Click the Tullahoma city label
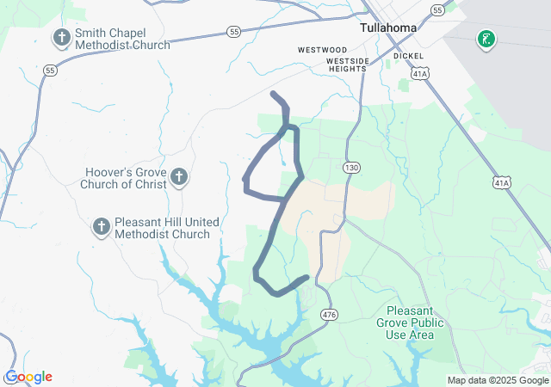click(387, 28)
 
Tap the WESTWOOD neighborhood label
click(322, 50)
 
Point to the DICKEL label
click(408, 56)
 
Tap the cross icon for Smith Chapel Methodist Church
click(61, 38)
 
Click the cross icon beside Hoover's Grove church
click(179, 178)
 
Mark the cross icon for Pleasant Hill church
click(101, 227)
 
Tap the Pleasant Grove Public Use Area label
click(415, 322)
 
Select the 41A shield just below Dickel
click(419, 76)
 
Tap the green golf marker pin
click(486, 39)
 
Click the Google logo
click(28, 377)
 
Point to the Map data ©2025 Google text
click(496, 380)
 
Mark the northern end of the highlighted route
click(273, 93)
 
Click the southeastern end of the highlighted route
click(306, 278)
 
